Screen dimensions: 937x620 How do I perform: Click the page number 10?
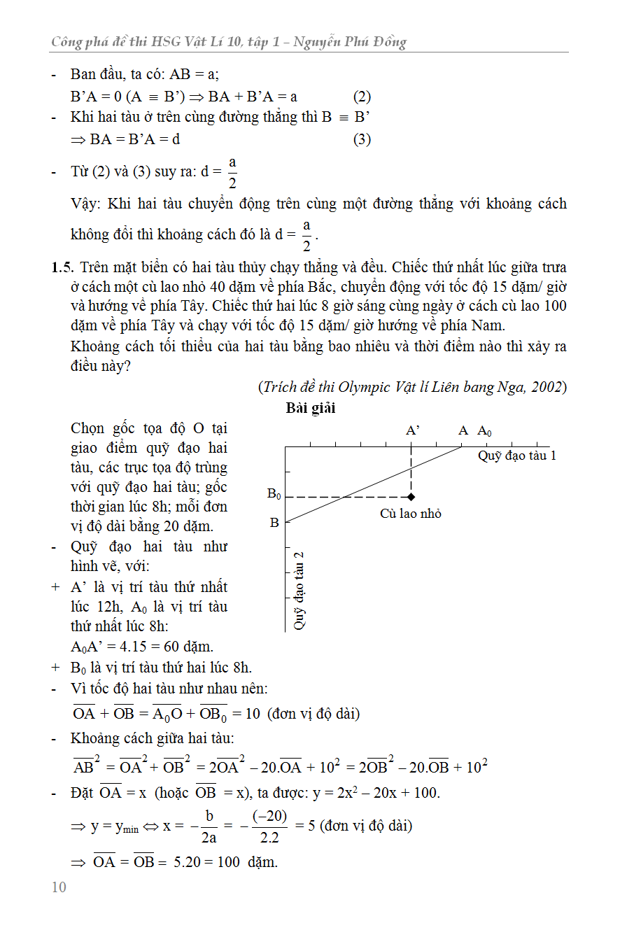(x=59, y=887)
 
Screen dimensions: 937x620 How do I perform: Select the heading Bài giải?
(x=311, y=409)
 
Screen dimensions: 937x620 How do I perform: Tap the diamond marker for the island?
(x=411, y=497)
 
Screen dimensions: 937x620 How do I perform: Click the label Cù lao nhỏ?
(x=411, y=514)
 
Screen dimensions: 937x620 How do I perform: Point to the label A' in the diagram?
(x=413, y=431)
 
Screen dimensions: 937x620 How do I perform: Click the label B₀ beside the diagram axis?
(x=274, y=495)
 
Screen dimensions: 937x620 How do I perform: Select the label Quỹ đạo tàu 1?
(x=517, y=456)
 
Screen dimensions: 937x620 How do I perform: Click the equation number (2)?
(x=362, y=97)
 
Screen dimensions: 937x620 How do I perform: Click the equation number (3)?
(x=362, y=139)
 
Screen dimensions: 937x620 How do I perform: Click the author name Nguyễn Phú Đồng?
(x=350, y=43)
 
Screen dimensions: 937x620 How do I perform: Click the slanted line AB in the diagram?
(x=371, y=484)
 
